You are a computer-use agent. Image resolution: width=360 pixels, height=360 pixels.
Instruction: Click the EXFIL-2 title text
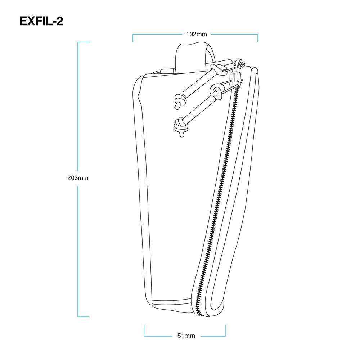pyautogui.click(x=41, y=21)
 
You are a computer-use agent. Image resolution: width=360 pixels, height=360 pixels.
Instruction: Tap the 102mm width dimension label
pyautogui.click(x=196, y=35)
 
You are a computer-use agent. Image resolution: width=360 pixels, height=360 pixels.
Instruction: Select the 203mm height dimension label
pyautogui.click(x=78, y=178)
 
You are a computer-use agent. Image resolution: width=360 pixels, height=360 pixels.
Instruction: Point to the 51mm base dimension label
pyautogui.click(x=186, y=336)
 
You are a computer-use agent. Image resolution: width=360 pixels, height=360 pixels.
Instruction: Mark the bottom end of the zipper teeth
pyautogui.click(x=200, y=314)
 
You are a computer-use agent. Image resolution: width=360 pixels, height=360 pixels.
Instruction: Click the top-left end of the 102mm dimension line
pyautogui.click(x=133, y=35)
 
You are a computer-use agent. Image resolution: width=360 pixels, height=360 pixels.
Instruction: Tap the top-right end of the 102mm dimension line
pyautogui.click(x=257, y=35)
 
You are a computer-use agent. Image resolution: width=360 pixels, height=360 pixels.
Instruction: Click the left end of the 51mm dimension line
pyautogui.click(x=144, y=336)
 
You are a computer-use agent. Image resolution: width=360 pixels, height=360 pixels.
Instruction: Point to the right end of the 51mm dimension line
pyautogui.click(x=225, y=336)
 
